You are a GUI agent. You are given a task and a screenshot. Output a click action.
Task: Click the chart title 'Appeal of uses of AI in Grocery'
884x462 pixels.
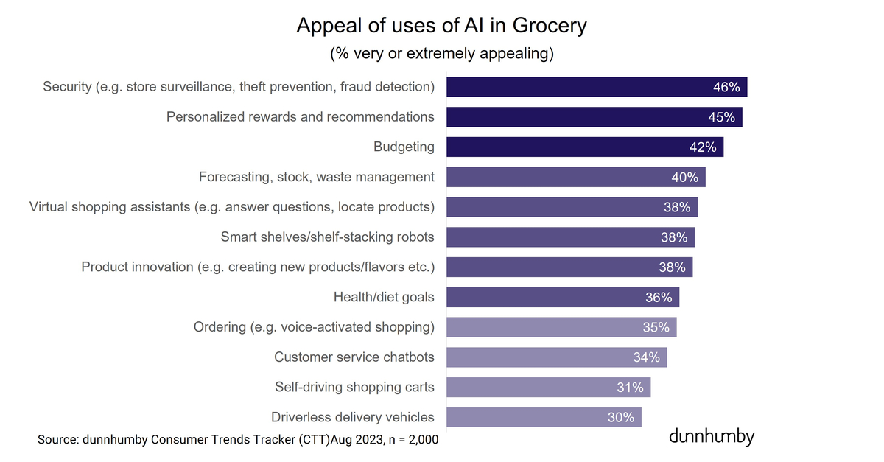(x=441, y=25)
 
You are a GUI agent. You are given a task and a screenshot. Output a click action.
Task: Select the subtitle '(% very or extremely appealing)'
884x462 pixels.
(x=441, y=54)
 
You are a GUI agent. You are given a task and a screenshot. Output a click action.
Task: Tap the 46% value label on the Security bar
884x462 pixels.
(x=726, y=87)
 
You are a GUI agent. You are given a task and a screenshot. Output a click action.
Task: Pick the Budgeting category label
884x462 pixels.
(x=404, y=147)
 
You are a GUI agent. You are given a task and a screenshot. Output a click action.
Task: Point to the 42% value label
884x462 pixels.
(x=702, y=147)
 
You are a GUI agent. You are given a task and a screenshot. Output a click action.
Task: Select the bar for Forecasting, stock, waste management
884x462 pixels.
(x=560, y=177)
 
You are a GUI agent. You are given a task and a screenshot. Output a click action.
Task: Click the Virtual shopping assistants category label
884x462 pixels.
(x=231, y=207)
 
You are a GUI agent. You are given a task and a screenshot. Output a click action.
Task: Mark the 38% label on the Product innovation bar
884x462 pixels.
(x=672, y=267)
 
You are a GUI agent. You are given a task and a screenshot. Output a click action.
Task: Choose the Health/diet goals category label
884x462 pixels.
(x=384, y=297)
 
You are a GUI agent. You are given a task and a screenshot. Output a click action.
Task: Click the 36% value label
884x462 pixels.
(x=659, y=298)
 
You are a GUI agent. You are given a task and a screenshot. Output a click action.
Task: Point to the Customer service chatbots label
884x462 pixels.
(x=354, y=357)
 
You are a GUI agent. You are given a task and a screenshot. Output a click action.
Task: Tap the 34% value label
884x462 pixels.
(x=646, y=357)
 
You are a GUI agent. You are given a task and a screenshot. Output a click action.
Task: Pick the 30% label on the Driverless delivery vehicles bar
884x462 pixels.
(x=621, y=418)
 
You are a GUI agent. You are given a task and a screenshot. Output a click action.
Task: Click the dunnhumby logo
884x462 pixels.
(x=712, y=436)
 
